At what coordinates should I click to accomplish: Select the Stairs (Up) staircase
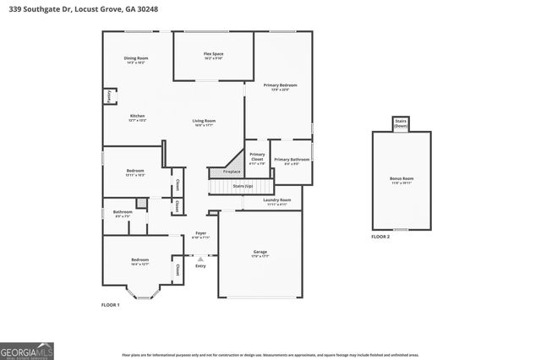click(243, 185)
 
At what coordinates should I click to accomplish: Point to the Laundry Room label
click(278, 202)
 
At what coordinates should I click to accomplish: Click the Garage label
click(260, 254)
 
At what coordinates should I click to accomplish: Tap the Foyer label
click(200, 235)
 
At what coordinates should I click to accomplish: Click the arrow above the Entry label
click(200, 259)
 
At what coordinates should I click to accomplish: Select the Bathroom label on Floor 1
click(123, 213)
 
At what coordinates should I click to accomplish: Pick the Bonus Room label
click(402, 180)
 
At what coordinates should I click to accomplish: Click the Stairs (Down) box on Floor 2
click(401, 123)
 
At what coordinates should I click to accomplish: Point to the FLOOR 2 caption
click(380, 237)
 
